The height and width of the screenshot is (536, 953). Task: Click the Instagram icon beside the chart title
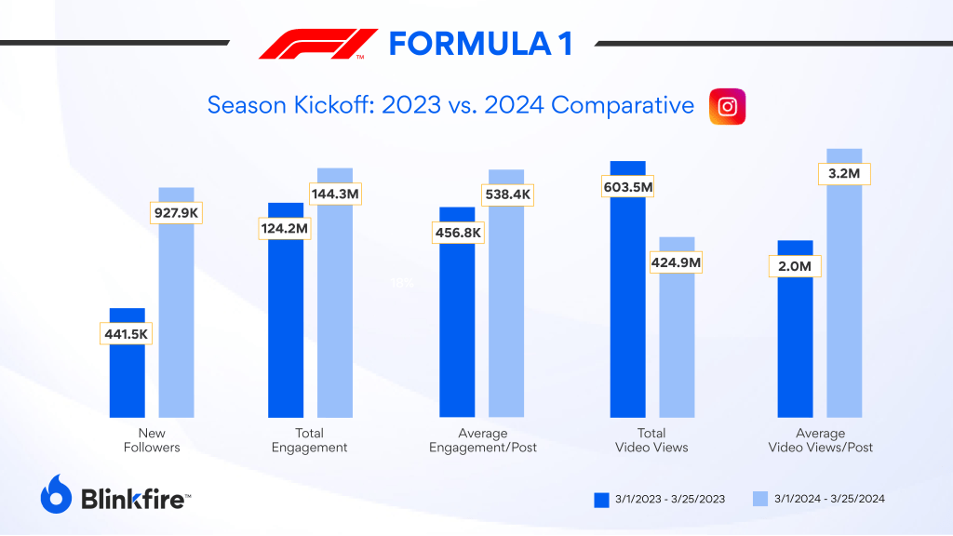pyautogui.click(x=728, y=106)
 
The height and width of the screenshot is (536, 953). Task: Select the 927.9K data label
pyautogui.click(x=177, y=212)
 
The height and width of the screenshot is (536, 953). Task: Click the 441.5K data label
pyautogui.click(x=126, y=332)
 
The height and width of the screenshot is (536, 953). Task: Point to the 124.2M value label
pyautogui.click(x=284, y=228)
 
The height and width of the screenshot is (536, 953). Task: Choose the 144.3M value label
pyautogui.click(x=335, y=194)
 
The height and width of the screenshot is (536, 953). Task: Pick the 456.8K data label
pyautogui.click(x=457, y=233)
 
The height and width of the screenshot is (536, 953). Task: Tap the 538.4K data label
pyautogui.click(x=507, y=194)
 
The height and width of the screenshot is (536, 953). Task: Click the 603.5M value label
pyautogui.click(x=628, y=187)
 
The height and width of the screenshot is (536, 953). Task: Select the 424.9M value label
pyautogui.click(x=677, y=262)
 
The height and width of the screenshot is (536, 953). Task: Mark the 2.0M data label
pyautogui.click(x=794, y=267)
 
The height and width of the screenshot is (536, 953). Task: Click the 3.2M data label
pyautogui.click(x=844, y=174)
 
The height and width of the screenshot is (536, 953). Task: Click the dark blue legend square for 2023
pyautogui.click(x=601, y=500)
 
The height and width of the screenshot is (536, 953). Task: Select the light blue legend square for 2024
pyautogui.click(x=759, y=500)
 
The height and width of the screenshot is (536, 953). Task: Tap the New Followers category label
pyautogui.click(x=152, y=440)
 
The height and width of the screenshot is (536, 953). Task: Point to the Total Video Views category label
pyautogui.click(x=651, y=440)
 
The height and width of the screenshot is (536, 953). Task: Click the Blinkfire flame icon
pyautogui.click(x=56, y=494)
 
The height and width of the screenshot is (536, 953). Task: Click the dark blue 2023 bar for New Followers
pyautogui.click(x=128, y=382)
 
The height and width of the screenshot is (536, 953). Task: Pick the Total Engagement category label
pyautogui.click(x=309, y=440)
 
